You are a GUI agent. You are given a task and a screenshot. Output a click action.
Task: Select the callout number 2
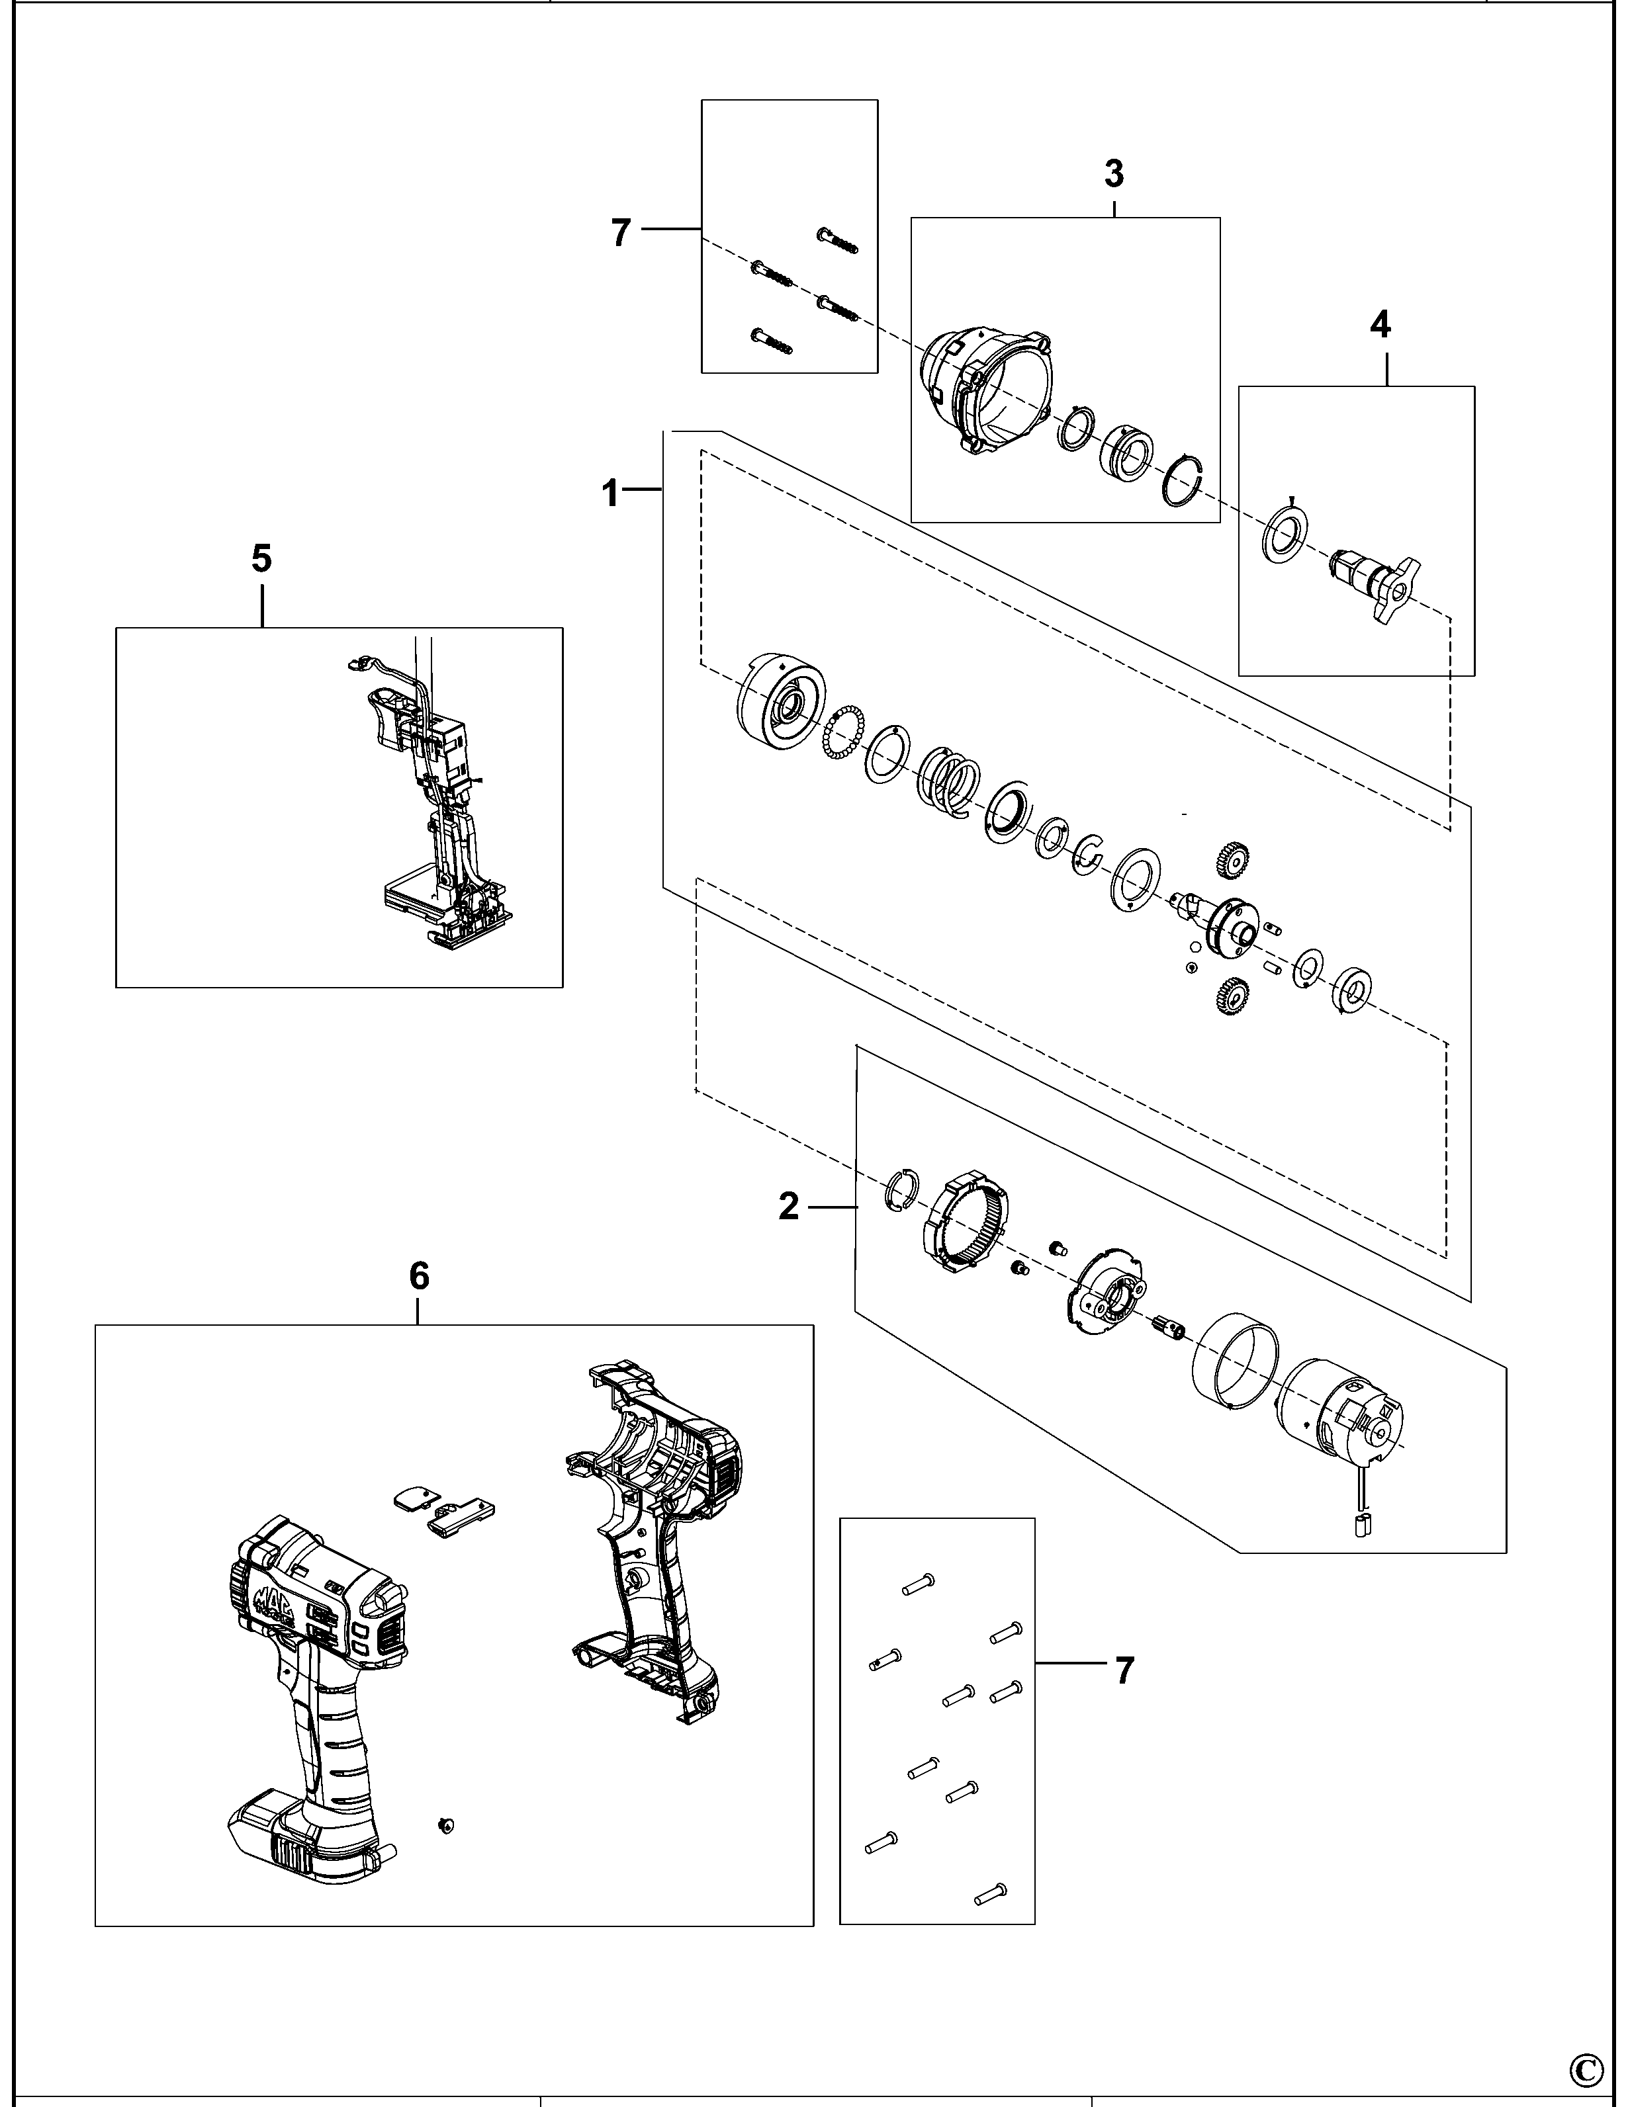tap(788, 1207)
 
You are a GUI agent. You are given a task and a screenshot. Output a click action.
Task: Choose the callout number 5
tap(261, 558)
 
